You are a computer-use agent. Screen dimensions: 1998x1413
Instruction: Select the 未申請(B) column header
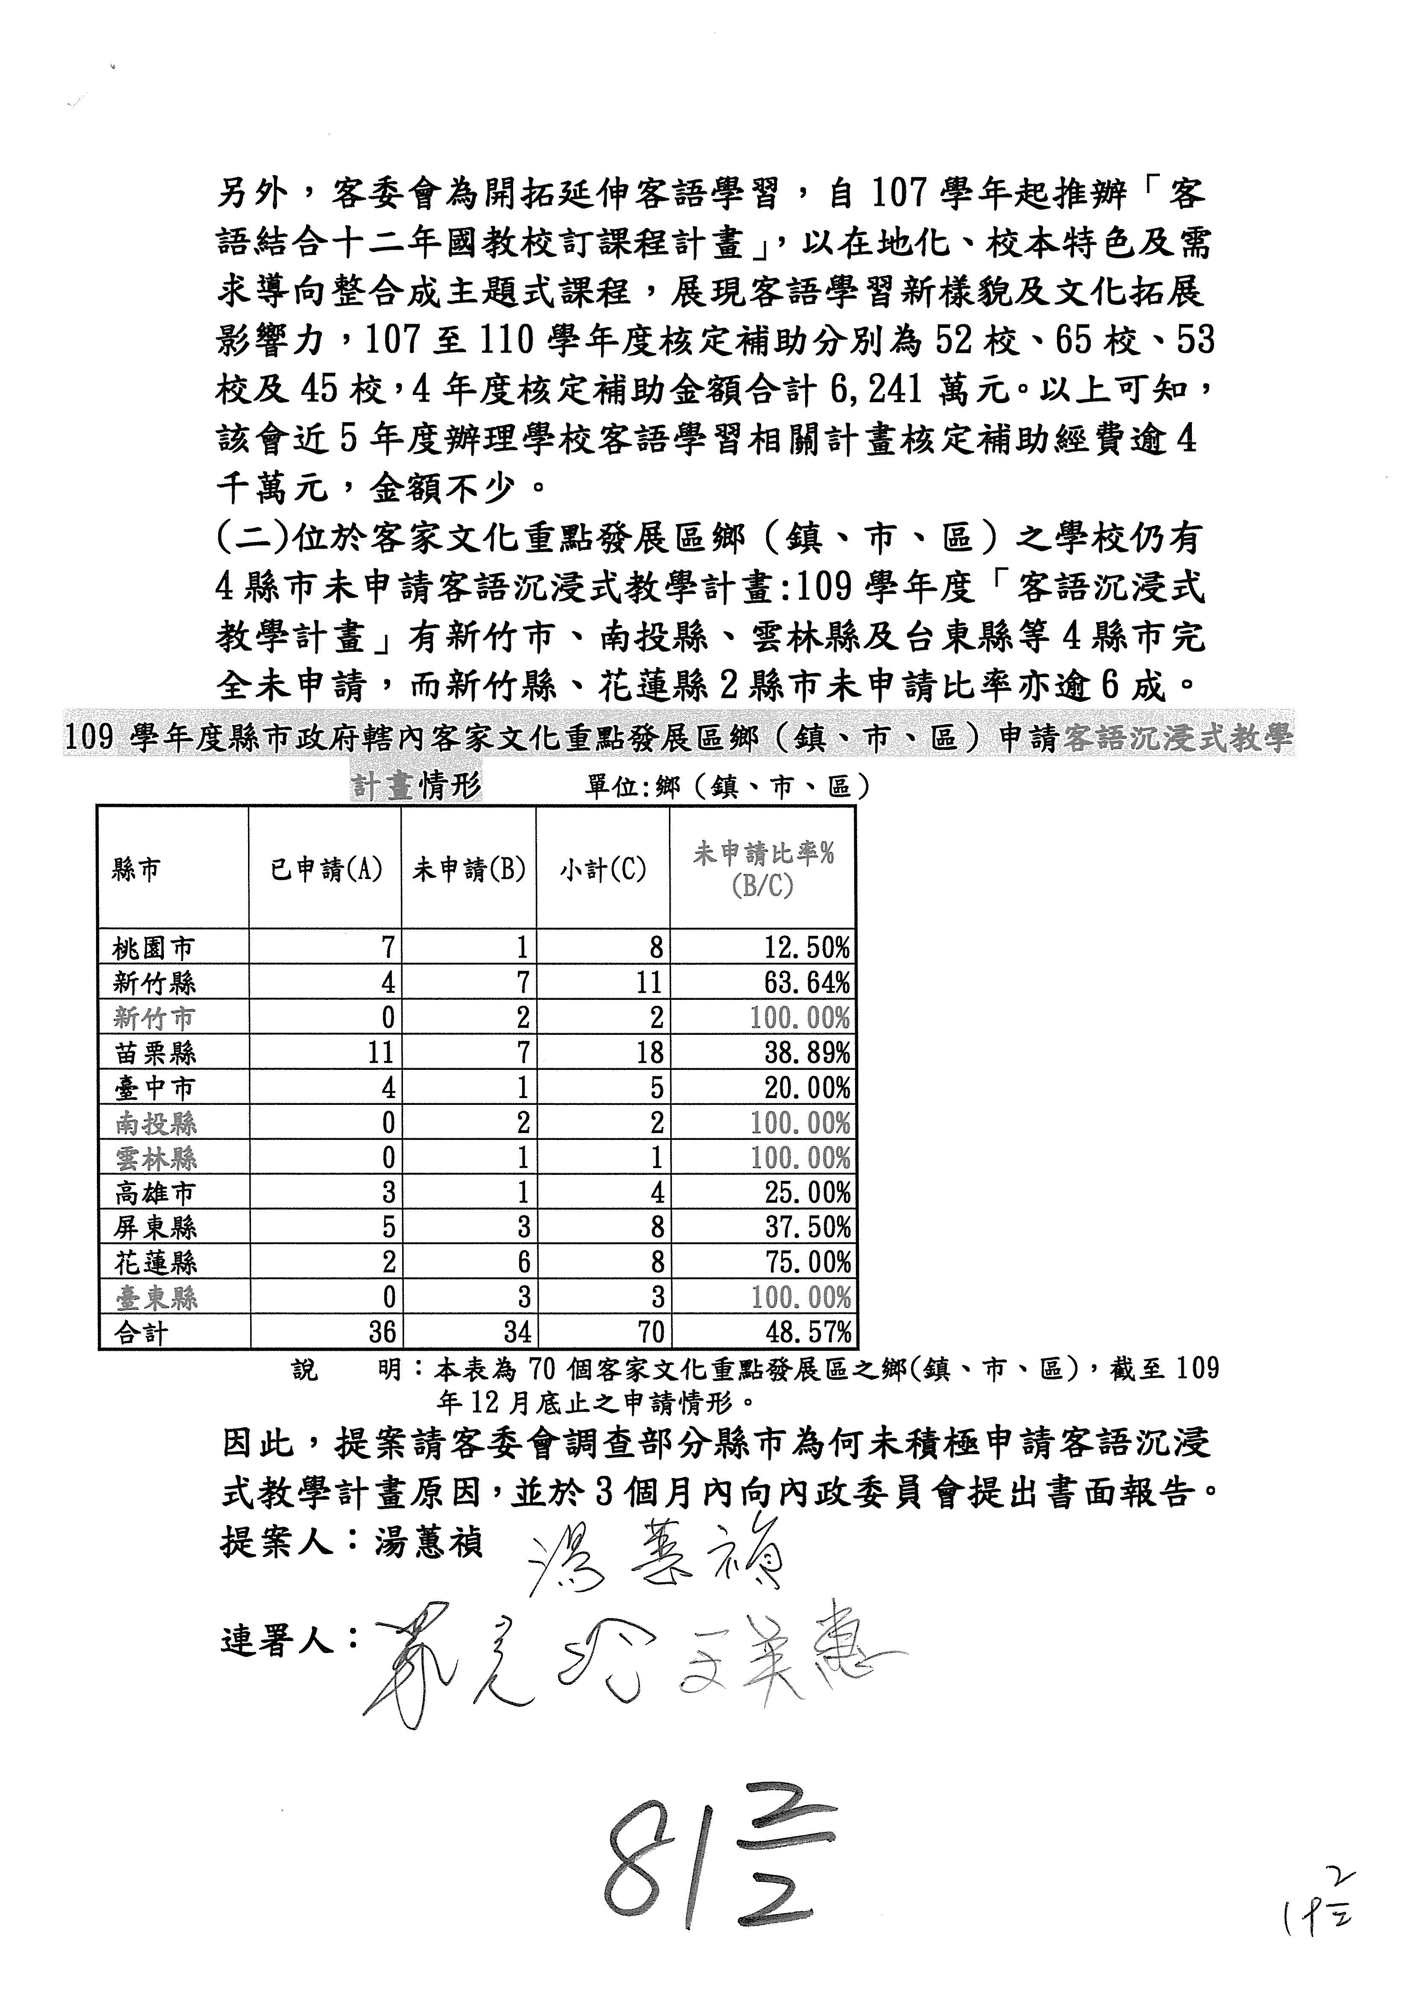coord(469,869)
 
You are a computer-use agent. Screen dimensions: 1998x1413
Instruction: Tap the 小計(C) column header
coord(603,869)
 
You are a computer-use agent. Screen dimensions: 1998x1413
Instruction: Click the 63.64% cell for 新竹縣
coord(806,983)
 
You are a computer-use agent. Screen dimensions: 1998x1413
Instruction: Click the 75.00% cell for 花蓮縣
coord(806,1263)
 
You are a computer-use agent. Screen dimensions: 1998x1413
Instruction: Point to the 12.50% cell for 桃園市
coord(806,948)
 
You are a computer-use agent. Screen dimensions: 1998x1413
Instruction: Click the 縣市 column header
coord(136,869)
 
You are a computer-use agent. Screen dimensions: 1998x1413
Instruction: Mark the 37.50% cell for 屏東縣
coord(806,1228)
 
